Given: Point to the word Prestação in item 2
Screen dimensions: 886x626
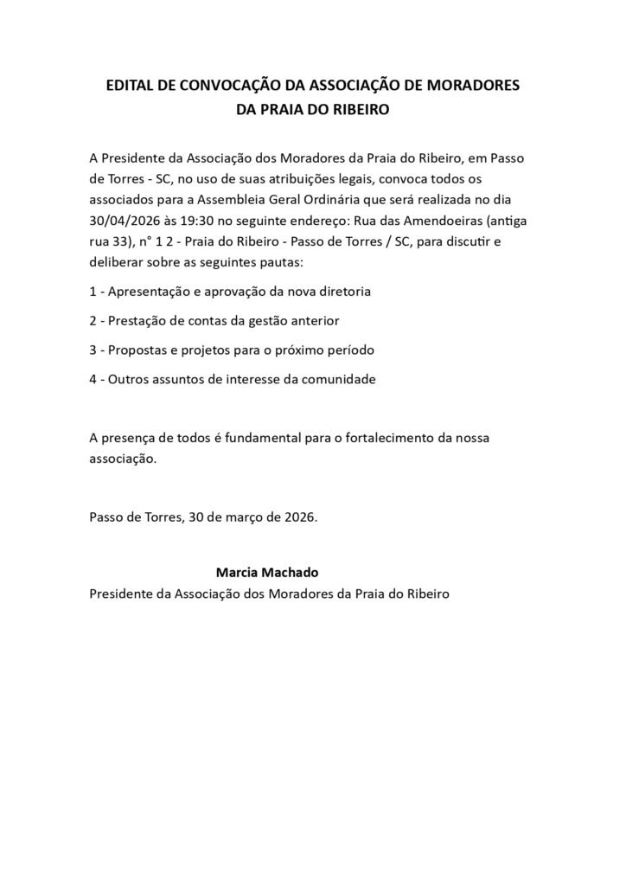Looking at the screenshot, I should click(139, 321).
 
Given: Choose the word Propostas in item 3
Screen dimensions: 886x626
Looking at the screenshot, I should click(141, 350).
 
